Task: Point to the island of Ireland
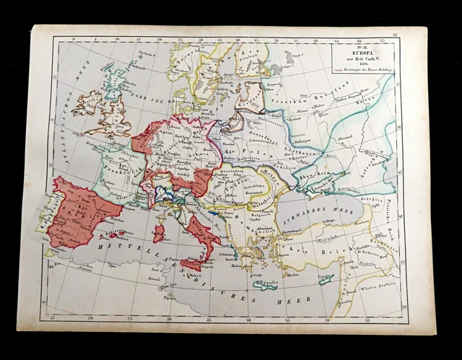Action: pos(85,102)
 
